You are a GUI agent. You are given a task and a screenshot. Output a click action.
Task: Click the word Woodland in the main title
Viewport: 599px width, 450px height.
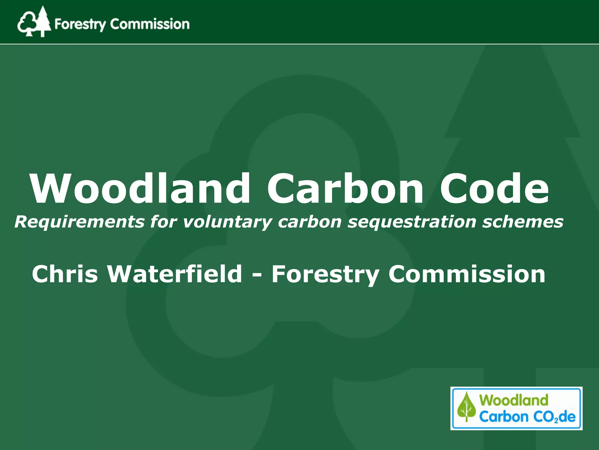140,188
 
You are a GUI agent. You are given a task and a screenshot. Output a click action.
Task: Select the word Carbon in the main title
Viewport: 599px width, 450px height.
345,188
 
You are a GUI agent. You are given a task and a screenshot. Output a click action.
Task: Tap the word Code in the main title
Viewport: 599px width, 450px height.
494,188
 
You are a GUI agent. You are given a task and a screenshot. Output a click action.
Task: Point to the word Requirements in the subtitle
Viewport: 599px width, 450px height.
79,222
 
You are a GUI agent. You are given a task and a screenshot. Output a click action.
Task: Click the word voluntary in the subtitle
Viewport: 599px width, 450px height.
228,222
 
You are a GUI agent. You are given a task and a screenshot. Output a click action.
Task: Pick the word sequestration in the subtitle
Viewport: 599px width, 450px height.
412,222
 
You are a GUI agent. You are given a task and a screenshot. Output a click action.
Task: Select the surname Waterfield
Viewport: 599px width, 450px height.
175,274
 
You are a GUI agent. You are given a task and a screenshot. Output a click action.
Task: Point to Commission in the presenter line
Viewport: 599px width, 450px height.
467,274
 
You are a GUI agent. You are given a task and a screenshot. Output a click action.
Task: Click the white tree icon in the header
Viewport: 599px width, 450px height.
34,22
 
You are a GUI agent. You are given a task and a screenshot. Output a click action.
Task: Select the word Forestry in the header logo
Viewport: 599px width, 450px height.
80,24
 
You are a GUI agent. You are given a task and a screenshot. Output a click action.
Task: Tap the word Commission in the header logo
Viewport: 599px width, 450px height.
150,24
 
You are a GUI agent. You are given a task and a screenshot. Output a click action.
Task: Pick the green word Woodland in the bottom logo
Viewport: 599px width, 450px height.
514,400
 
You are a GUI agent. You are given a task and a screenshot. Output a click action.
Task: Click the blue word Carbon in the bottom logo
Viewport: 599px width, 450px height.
503,417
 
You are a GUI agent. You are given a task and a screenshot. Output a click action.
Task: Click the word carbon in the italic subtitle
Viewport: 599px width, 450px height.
310,222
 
